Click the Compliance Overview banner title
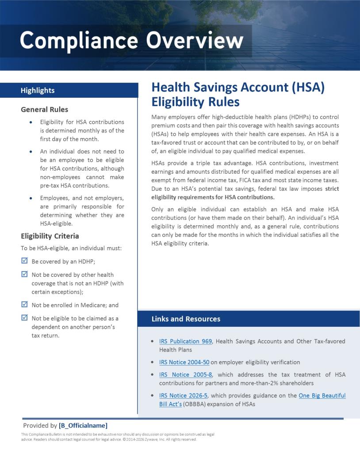pyautogui.click(x=131, y=41)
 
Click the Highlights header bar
pyautogui.click(x=69, y=90)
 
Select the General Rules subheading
pyautogui.click(x=44, y=109)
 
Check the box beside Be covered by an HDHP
pyautogui.click(x=25, y=261)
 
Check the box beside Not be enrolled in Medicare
pyautogui.click(x=25, y=304)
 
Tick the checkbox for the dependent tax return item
pyautogui.click(x=25, y=317)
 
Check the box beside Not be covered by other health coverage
pyautogui.click(x=25, y=274)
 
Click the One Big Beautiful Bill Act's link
pyautogui.click(x=322, y=395)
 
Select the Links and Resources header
pyautogui.click(x=186, y=319)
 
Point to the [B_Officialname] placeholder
pyautogui.click(x=83, y=425)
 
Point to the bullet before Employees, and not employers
pyautogui.click(x=30, y=198)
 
